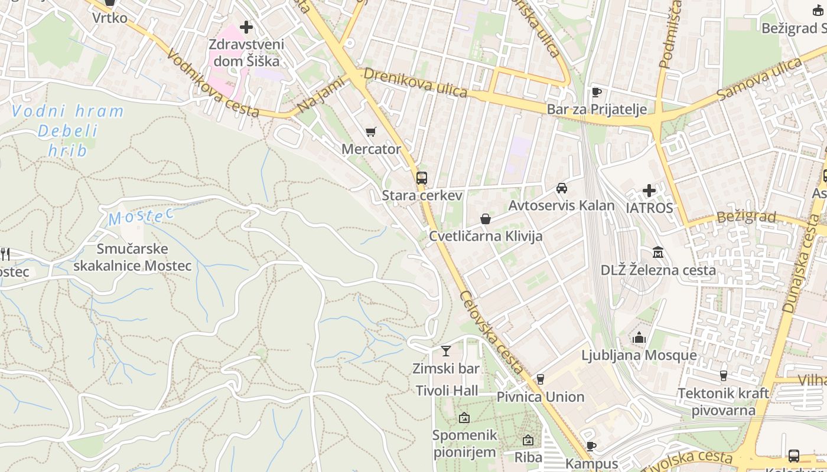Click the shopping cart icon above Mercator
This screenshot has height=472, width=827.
(370, 132)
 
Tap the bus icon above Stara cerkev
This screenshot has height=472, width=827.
(421, 178)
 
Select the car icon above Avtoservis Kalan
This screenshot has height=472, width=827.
(561, 188)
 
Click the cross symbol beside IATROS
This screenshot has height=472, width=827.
(649, 191)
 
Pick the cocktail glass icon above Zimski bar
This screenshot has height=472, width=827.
(446, 351)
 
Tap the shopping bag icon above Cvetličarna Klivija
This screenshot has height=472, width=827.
(486, 219)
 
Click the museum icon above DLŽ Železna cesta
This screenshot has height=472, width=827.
(657, 253)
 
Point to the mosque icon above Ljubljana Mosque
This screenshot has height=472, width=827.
(639, 338)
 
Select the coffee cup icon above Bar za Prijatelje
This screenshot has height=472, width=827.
(597, 92)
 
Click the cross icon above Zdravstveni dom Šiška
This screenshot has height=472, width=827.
(246, 27)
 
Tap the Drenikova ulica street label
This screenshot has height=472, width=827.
(415, 83)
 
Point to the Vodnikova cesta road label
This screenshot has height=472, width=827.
(213, 83)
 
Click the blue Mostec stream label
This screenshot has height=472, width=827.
(141, 217)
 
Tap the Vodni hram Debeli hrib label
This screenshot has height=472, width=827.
(68, 130)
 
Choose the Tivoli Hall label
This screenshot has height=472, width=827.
(447, 391)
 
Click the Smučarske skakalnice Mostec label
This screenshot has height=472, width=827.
(133, 257)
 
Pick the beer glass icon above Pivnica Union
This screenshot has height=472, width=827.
(540, 379)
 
